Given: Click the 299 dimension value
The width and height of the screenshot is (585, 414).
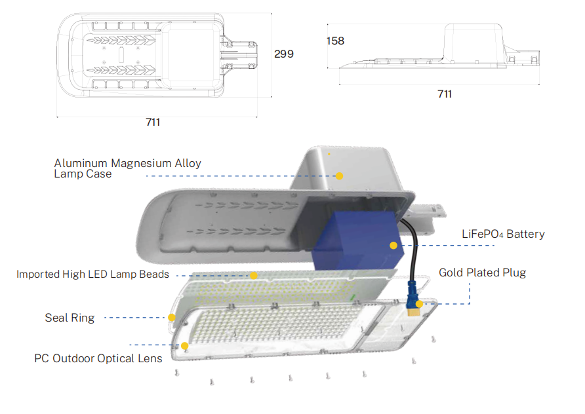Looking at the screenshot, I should click(x=283, y=54).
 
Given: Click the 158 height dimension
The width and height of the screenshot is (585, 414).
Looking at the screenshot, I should click(x=335, y=41).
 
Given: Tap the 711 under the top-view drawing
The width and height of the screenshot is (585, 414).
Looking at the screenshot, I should click(x=153, y=122).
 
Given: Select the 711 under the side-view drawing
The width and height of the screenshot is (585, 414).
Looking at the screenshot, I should click(x=445, y=94).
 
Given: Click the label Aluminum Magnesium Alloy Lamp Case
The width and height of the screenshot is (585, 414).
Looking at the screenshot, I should click(x=127, y=168).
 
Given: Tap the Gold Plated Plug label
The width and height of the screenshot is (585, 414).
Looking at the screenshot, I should click(x=482, y=273).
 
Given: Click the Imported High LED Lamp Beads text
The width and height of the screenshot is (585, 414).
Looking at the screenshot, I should click(x=92, y=274).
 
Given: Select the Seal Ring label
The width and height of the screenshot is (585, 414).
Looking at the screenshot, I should click(x=70, y=318).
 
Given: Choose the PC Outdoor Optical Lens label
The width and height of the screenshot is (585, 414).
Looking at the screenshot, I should click(x=98, y=358).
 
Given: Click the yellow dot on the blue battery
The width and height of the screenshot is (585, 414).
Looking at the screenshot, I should click(x=393, y=246).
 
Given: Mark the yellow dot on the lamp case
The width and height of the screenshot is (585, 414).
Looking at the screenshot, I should click(x=340, y=176).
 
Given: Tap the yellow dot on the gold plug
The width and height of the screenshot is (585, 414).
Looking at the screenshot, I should click(x=419, y=304).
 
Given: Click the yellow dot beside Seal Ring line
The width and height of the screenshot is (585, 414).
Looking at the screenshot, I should click(x=171, y=317).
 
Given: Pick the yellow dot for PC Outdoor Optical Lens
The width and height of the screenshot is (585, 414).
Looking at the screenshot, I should click(x=184, y=346).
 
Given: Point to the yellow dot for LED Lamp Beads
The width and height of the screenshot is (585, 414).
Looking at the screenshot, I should click(x=253, y=275).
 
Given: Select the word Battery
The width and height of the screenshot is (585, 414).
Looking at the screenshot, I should click(x=525, y=234).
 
